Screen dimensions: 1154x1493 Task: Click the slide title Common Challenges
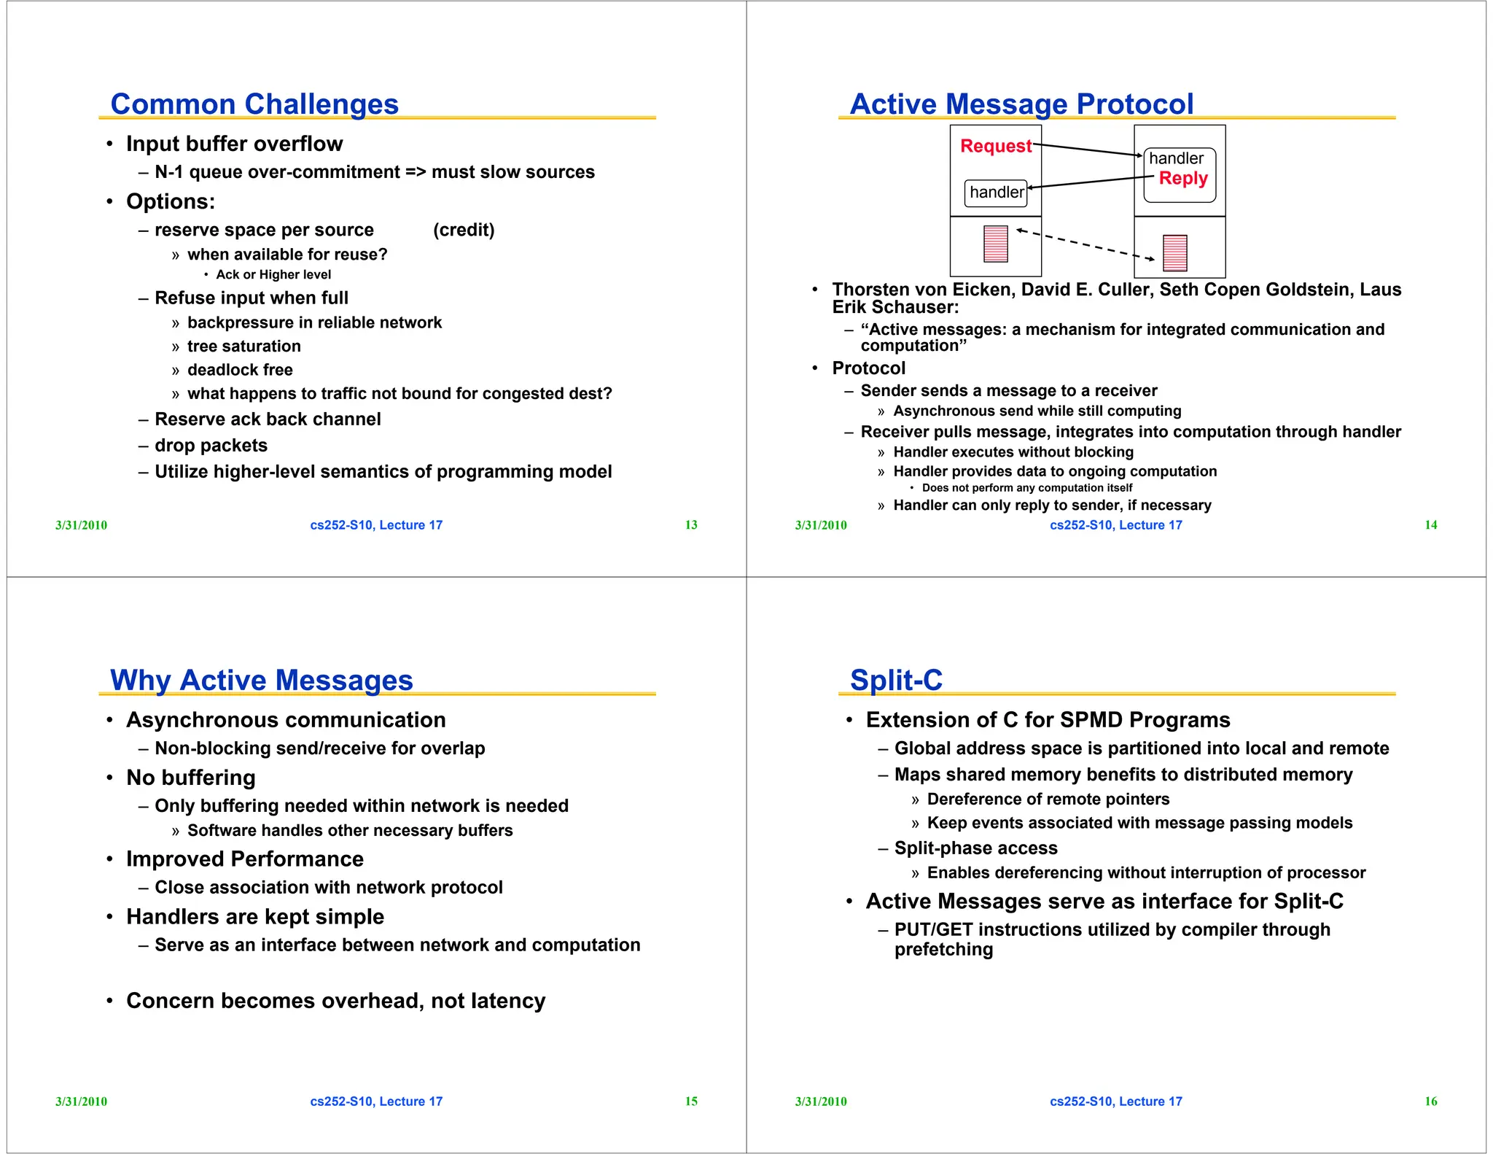pos(254,104)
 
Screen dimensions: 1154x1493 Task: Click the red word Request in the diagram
pos(995,146)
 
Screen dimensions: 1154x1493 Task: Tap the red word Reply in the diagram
pos(1183,179)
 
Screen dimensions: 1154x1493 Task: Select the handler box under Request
pos(996,193)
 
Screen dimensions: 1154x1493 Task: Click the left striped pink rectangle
pos(995,244)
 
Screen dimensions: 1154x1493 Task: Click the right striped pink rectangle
pos(1174,253)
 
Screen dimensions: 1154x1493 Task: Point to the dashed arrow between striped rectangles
pos(1085,244)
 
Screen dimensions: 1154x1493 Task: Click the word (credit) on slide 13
pos(464,231)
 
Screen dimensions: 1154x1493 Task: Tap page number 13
pos(691,525)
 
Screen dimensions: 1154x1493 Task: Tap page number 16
pos(1431,1101)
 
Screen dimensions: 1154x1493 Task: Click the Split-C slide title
pos(896,681)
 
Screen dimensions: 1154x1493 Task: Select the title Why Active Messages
pos(261,681)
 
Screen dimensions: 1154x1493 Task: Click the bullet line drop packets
pos(211,446)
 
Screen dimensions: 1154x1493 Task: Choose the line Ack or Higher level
pos(273,275)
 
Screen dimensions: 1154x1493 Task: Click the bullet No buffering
pos(190,778)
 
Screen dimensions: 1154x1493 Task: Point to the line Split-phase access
pos(975,848)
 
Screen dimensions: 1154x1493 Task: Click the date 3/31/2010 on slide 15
pos(81,1101)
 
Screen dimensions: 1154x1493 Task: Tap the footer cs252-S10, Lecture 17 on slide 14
pos(1115,525)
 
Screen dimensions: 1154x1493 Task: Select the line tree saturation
pos(243,346)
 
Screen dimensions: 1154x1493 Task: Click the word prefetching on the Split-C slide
pos(943,950)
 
